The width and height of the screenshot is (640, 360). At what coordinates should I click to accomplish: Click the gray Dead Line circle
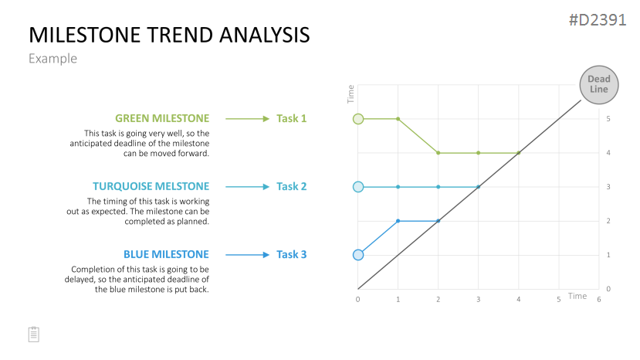[x=599, y=85]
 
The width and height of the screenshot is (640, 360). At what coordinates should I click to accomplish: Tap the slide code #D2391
[x=598, y=20]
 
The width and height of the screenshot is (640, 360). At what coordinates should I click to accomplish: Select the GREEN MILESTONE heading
[x=162, y=118]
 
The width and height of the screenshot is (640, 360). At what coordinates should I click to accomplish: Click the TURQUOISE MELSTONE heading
[x=151, y=186]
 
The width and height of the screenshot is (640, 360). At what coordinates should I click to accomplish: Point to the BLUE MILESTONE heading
[x=166, y=255]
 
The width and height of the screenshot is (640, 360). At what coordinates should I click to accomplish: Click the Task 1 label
[x=291, y=118]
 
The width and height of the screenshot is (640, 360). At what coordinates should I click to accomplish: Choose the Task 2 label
[x=291, y=186]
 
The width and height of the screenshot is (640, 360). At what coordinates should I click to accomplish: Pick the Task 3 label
[x=291, y=255]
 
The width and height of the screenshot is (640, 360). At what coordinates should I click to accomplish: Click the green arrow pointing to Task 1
[x=247, y=119]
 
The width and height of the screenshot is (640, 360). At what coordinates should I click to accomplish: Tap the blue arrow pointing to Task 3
[x=247, y=255]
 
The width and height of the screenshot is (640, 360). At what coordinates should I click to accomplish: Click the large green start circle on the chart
[x=358, y=119]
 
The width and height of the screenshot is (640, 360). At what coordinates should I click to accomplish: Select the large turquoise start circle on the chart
[x=358, y=187]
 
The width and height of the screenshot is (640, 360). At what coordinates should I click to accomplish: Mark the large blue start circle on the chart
[x=358, y=255]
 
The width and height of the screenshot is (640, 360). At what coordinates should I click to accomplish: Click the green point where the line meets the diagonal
[x=519, y=153]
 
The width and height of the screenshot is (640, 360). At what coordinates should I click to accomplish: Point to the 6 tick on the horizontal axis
[x=599, y=300]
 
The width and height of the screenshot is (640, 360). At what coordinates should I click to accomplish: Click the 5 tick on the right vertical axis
[x=608, y=119]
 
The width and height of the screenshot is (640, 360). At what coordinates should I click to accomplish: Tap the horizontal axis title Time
[x=577, y=296]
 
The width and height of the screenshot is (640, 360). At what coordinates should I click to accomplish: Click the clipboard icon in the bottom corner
[x=34, y=335]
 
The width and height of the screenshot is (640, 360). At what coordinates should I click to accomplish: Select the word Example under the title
[x=52, y=59]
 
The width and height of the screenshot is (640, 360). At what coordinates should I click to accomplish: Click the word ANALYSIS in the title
[x=265, y=35]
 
